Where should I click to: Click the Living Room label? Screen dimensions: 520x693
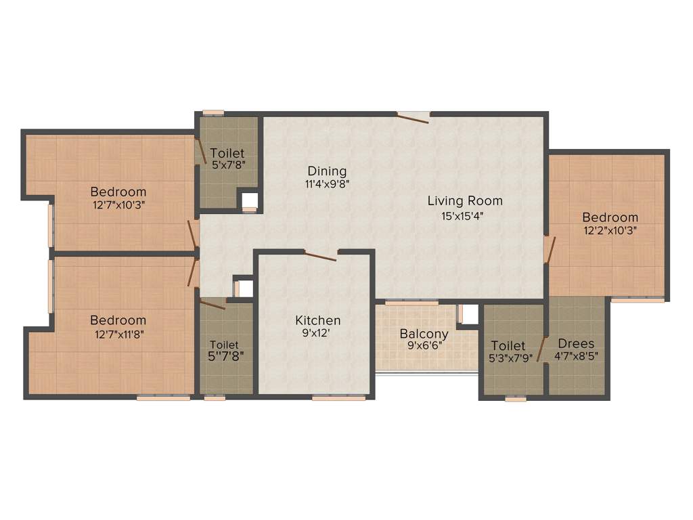click(465, 200)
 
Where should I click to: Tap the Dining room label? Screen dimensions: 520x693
click(327, 171)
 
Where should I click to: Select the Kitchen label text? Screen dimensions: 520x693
click(317, 320)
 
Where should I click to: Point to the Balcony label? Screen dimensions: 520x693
click(424, 334)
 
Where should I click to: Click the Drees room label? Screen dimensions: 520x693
click(576, 343)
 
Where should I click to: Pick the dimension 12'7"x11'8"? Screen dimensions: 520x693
click(118, 333)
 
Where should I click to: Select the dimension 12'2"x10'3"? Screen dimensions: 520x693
click(610, 230)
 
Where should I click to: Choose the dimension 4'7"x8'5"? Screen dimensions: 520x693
click(577, 355)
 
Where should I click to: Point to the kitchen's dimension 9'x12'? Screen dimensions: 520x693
click(317, 333)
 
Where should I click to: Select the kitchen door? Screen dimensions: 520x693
click(320, 256)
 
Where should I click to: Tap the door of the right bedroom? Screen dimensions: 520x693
click(551, 248)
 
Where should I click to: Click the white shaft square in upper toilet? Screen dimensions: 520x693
click(250, 200)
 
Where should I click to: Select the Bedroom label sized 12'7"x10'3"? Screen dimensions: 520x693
click(118, 192)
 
